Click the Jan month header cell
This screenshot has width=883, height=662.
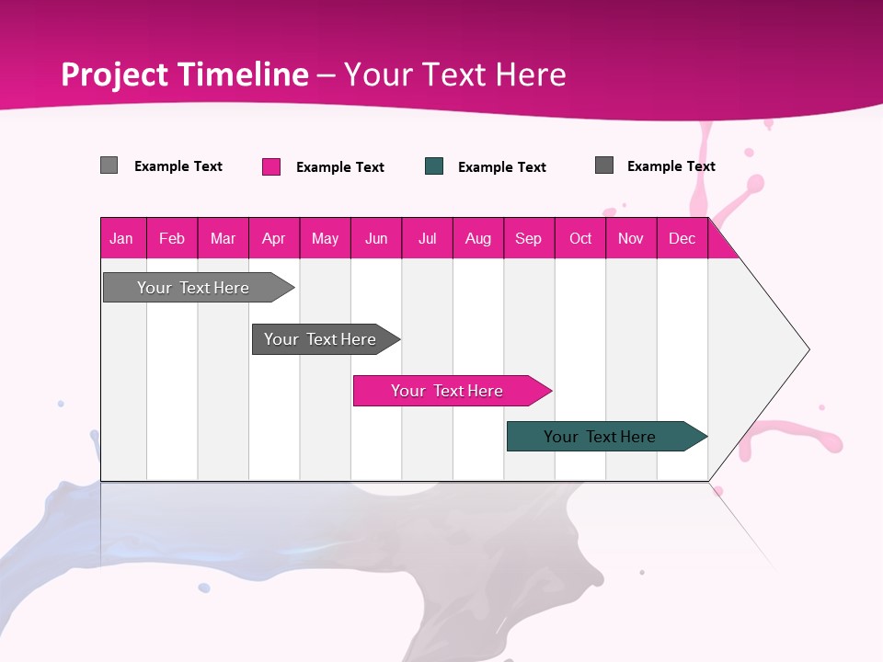pos(121,238)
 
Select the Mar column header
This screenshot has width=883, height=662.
pos(223,238)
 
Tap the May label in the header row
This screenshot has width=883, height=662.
pos(325,238)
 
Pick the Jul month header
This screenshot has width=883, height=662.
pos(427,238)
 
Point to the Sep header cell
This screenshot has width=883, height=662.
pos(528,238)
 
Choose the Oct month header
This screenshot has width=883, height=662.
pos(580,238)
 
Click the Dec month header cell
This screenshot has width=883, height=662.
pos(682,238)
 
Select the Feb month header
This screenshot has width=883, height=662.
pos(172,238)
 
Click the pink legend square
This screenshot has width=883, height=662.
pos(271,166)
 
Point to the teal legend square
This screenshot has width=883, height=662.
pos(434,166)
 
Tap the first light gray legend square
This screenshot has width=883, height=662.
pos(109,165)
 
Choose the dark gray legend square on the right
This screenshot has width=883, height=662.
pos(604,165)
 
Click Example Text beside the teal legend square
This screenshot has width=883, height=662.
pos(501,167)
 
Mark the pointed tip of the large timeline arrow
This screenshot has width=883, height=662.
pos(808,349)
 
